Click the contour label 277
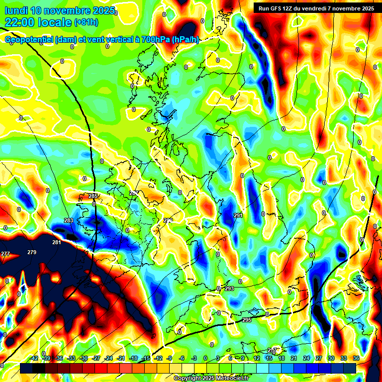[5, 254]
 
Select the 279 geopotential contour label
[32, 252]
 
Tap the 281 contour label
[57, 242]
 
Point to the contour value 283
[69, 220]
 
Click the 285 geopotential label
[93, 196]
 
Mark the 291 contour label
[238, 215]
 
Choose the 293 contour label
[229, 288]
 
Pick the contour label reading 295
[247, 320]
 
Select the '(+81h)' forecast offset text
[86, 22]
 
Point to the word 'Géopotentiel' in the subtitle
[30, 40]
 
